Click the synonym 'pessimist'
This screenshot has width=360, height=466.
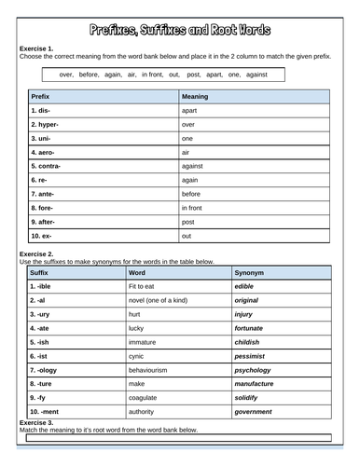coord(254,355)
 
